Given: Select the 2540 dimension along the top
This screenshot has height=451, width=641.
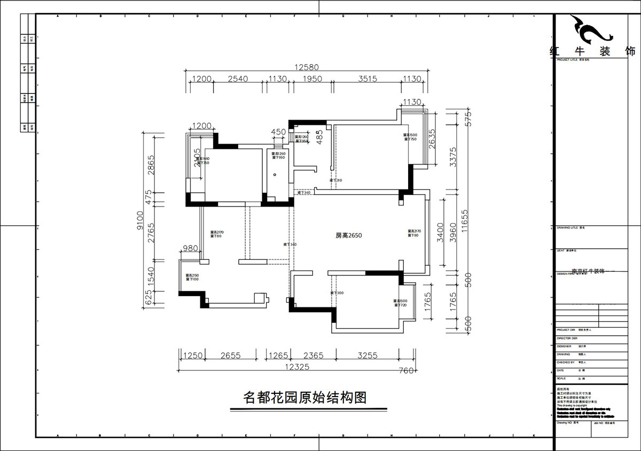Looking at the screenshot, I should [x=238, y=79].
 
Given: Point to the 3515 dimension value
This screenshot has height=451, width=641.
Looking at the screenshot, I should [x=367, y=79].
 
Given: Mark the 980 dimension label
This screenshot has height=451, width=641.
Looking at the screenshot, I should [x=191, y=248].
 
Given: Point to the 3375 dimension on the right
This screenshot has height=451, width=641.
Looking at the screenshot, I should [x=453, y=159].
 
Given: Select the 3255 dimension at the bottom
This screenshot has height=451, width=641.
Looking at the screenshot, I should [x=367, y=355].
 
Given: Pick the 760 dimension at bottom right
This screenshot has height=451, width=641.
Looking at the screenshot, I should [x=406, y=371].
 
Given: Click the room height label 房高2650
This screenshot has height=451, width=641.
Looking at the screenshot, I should [x=349, y=235].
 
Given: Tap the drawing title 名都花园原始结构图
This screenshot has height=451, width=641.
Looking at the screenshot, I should [x=305, y=398].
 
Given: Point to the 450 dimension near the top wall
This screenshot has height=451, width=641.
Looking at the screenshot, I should [x=279, y=132].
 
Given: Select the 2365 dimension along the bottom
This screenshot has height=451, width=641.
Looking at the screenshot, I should [x=314, y=355].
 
